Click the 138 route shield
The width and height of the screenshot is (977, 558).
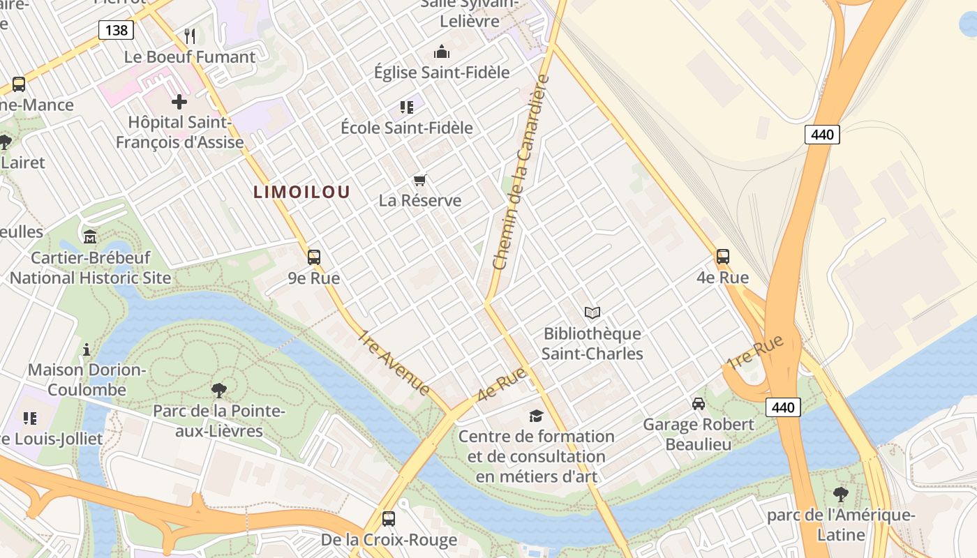(x=116, y=29)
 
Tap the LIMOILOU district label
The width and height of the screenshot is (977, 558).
(x=301, y=192)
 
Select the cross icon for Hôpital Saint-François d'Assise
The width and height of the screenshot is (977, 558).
(x=179, y=102)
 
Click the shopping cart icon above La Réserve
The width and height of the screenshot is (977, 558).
(x=419, y=181)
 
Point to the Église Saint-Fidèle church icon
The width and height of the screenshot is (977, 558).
(x=442, y=52)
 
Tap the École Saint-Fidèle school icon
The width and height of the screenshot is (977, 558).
(x=407, y=107)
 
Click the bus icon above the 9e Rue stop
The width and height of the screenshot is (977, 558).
(x=314, y=257)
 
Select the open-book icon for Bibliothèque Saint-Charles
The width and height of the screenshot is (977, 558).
(x=592, y=313)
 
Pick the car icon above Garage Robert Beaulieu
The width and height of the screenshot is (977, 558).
(x=698, y=404)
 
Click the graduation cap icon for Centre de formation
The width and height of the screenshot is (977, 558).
(x=536, y=416)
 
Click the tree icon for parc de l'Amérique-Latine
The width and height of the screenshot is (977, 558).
(x=841, y=495)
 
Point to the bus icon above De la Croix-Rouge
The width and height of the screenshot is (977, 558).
(x=389, y=519)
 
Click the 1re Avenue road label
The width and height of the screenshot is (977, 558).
(x=394, y=363)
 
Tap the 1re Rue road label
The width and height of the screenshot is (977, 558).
(x=755, y=353)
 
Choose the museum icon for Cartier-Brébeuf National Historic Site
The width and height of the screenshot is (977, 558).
(x=90, y=237)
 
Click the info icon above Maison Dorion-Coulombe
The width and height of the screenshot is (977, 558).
(x=87, y=349)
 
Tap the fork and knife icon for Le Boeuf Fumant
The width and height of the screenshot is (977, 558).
(x=190, y=36)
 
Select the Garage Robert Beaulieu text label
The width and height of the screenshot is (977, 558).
(x=698, y=434)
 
